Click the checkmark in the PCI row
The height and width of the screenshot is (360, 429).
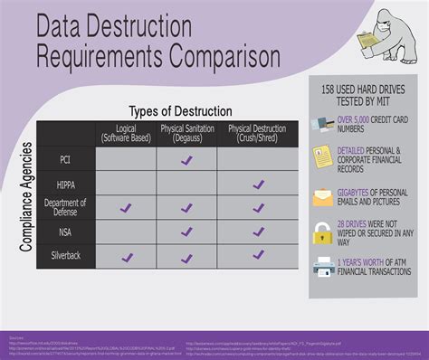tap(186, 160)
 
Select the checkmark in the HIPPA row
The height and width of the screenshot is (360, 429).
tap(258, 185)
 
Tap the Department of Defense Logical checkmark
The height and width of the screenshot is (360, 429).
tap(126, 208)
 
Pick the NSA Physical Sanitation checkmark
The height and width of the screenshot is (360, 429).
tap(186, 232)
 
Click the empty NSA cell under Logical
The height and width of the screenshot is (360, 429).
tap(126, 232)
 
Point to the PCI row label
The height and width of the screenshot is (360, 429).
tap(65, 160)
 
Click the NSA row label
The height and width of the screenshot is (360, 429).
tap(65, 232)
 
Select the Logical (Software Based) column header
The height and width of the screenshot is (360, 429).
tap(126, 134)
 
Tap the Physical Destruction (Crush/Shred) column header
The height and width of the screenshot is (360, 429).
tap(258, 134)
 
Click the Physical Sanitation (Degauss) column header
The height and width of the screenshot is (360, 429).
tap(186, 134)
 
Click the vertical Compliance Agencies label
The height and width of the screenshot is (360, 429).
tap(26, 194)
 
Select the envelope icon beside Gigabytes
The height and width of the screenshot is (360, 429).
tap(322, 196)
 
